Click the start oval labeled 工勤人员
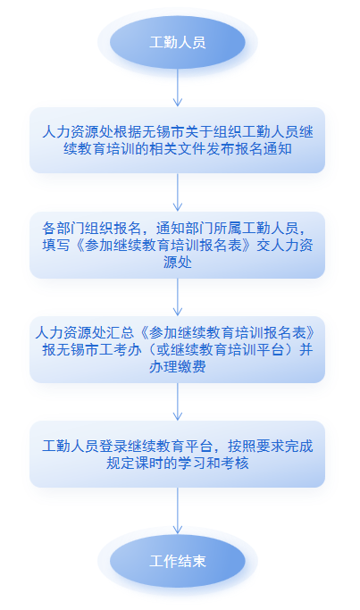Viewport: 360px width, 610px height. (178, 42)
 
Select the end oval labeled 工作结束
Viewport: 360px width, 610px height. (178, 561)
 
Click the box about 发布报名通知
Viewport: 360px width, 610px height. (178, 140)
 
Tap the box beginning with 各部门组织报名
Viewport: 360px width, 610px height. (178, 245)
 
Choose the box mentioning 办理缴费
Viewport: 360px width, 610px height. (178, 349)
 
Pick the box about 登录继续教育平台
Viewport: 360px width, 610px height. (178, 454)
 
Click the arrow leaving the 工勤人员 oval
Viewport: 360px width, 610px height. (178, 88)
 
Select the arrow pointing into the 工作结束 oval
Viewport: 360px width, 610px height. (178, 511)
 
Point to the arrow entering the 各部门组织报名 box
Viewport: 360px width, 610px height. (178, 192)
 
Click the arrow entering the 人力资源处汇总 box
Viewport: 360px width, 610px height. (178, 297)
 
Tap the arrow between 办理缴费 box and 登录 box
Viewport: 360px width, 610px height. (178, 402)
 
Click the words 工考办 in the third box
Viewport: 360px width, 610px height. (120, 350)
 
